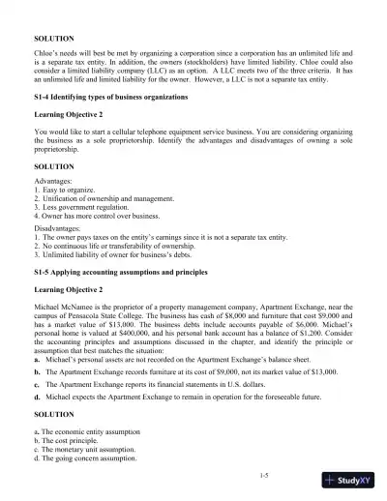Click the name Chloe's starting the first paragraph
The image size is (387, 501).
[x=47, y=54]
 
